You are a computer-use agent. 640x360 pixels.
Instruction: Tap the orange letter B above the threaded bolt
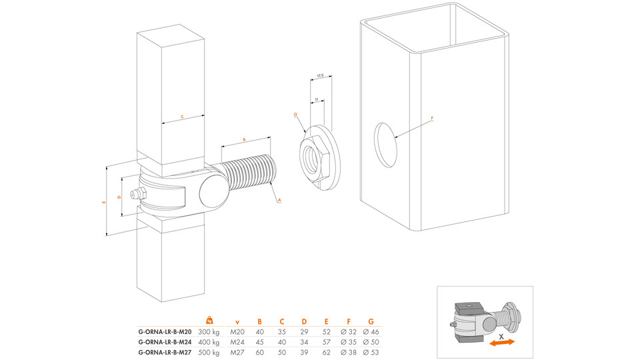[x=244, y=140]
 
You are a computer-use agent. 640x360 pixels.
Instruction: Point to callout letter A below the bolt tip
[x=279, y=199]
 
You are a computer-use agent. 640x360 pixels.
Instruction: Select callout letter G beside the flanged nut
[x=295, y=115]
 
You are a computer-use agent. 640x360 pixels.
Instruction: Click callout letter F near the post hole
[x=432, y=119]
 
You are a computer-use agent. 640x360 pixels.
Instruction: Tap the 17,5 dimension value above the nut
[x=320, y=76]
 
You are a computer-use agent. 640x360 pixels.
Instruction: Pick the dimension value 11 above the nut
[x=316, y=99]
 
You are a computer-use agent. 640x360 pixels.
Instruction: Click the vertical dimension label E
[x=104, y=201]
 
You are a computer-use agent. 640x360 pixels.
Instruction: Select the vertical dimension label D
[x=119, y=197]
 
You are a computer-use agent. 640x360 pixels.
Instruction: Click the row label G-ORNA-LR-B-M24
[x=165, y=342]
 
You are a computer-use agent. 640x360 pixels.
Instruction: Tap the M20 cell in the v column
[x=238, y=331]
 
